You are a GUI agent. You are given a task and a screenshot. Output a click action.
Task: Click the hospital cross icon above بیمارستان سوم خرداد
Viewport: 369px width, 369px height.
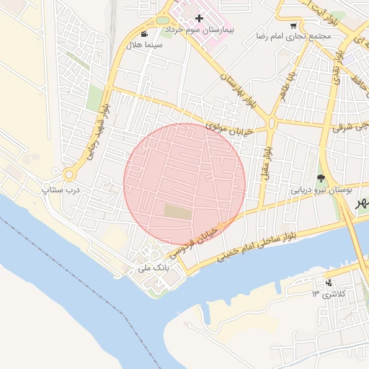(200, 18)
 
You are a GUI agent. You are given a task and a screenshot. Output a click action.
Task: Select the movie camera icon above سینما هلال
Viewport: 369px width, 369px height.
(145, 33)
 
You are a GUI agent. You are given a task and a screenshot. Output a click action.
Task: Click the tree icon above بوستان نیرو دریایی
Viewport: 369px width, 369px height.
(321, 178)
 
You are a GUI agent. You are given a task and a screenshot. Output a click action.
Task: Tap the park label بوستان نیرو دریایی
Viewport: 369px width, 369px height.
(321, 191)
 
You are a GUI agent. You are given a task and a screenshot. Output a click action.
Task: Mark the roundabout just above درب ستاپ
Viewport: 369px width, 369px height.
(70, 174)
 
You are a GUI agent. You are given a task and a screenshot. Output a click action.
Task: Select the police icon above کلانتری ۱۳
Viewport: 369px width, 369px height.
(329, 282)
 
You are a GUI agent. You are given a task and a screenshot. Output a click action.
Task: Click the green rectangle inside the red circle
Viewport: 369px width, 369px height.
(178, 211)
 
